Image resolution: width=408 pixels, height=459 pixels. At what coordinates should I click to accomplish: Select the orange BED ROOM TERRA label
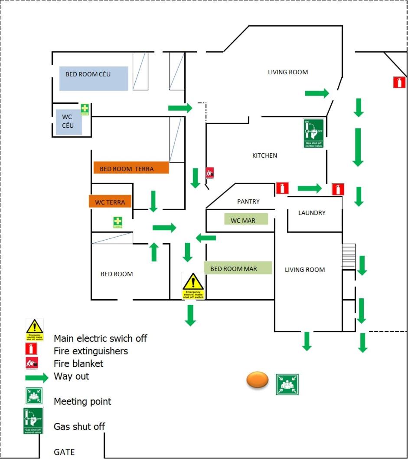pos(131,168)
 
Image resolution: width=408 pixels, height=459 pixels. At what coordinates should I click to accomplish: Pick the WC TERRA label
pos(110,201)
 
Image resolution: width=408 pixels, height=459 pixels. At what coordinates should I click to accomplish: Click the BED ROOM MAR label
pos(238,268)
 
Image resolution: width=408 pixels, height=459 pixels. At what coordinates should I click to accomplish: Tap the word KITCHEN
pos(264,155)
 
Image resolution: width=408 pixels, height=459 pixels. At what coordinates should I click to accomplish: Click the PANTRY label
pos(248,201)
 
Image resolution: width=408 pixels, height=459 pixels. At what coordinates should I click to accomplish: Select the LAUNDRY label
pos(312,213)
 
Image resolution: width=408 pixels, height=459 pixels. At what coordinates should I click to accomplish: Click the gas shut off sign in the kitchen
pos(314,133)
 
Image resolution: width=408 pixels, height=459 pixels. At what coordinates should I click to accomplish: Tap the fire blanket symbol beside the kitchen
pos(210,173)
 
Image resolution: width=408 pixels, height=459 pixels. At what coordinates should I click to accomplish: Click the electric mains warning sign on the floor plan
pos(193,286)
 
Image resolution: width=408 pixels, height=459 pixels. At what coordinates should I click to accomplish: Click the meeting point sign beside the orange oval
pos(287,384)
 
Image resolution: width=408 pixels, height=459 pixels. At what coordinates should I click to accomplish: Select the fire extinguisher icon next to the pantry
pos(282,188)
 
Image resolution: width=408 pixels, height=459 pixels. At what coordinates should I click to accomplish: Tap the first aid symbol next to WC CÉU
pos(85,109)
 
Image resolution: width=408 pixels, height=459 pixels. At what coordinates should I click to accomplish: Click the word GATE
pos(65,452)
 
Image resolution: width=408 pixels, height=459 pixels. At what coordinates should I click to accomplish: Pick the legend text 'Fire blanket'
pos(78,363)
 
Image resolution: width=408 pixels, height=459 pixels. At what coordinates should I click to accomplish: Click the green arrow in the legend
pos(37,377)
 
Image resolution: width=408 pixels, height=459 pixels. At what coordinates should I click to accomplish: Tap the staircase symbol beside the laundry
pos(349,256)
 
